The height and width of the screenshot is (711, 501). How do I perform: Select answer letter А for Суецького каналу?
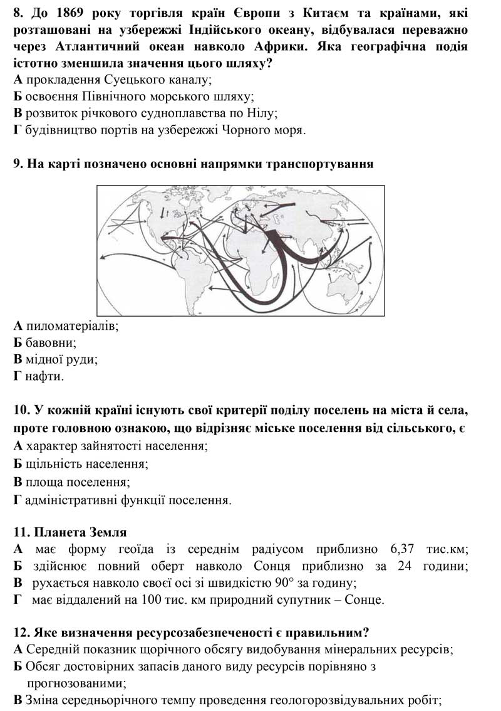point(18,80)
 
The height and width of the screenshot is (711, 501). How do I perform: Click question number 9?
point(18,164)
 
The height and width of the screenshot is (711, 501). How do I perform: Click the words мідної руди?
point(61,360)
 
